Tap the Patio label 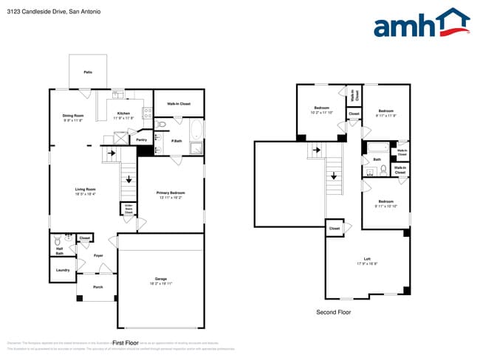click(x=88, y=72)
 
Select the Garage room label click(x=160, y=279)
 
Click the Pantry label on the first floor click(x=141, y=139)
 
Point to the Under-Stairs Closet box click(x=128, y=209)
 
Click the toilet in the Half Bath click(x=56, y=240)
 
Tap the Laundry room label click(x=63, y=270)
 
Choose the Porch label click(x=97, y=287)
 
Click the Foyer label click(x=97, y=255)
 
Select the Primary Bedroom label click(x=170, y=193)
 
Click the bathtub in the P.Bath click(x=196, y=132)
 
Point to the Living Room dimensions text click(x=86, y=195)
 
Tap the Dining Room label click(x=72, y=115)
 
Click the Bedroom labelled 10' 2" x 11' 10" click(x=321, y=108)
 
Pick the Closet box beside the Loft click(x=335, y=229)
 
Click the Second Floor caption click(x=333, y=313)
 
